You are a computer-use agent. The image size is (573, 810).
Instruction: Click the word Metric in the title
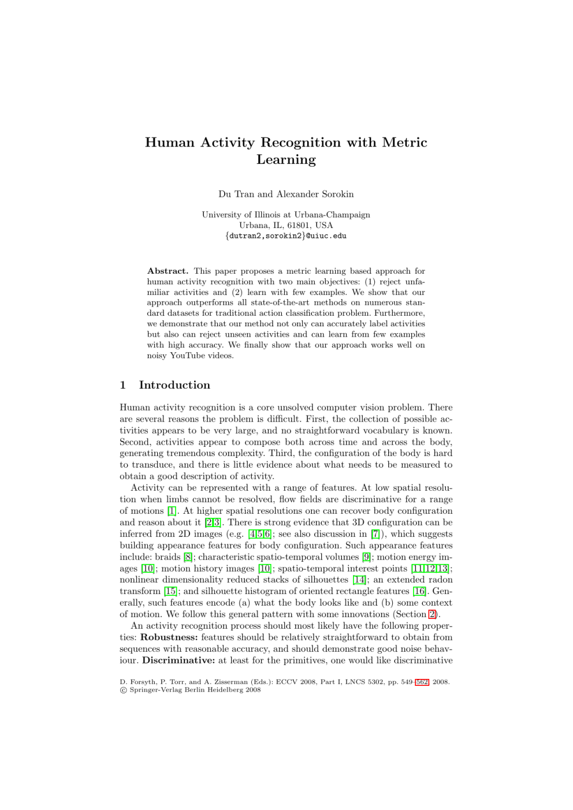(x=404, y=143)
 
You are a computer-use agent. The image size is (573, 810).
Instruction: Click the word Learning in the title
(x=286, y=160)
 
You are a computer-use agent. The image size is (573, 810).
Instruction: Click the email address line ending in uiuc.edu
(x=286, y=236)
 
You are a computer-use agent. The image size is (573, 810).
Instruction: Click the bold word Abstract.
(x=168, y=271)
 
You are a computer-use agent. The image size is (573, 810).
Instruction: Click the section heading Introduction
(x=174, y=385)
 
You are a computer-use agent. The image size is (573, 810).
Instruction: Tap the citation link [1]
(x=172, y=511)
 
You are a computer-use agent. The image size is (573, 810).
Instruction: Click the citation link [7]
(x=375, y=534)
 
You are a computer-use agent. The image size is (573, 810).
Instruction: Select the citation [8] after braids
(x=188, y=557)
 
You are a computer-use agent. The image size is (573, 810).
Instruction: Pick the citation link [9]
(x=366, y=557)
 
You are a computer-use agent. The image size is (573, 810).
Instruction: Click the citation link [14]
(x=359, y=580)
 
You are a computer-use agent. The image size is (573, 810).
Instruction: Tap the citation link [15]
(x=170, y=591)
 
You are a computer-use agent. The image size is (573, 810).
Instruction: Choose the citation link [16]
(x=420, y=591)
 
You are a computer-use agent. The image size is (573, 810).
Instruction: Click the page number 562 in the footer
(x=422, y=682)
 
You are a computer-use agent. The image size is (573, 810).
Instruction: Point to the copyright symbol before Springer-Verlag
(x=123, y=690)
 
